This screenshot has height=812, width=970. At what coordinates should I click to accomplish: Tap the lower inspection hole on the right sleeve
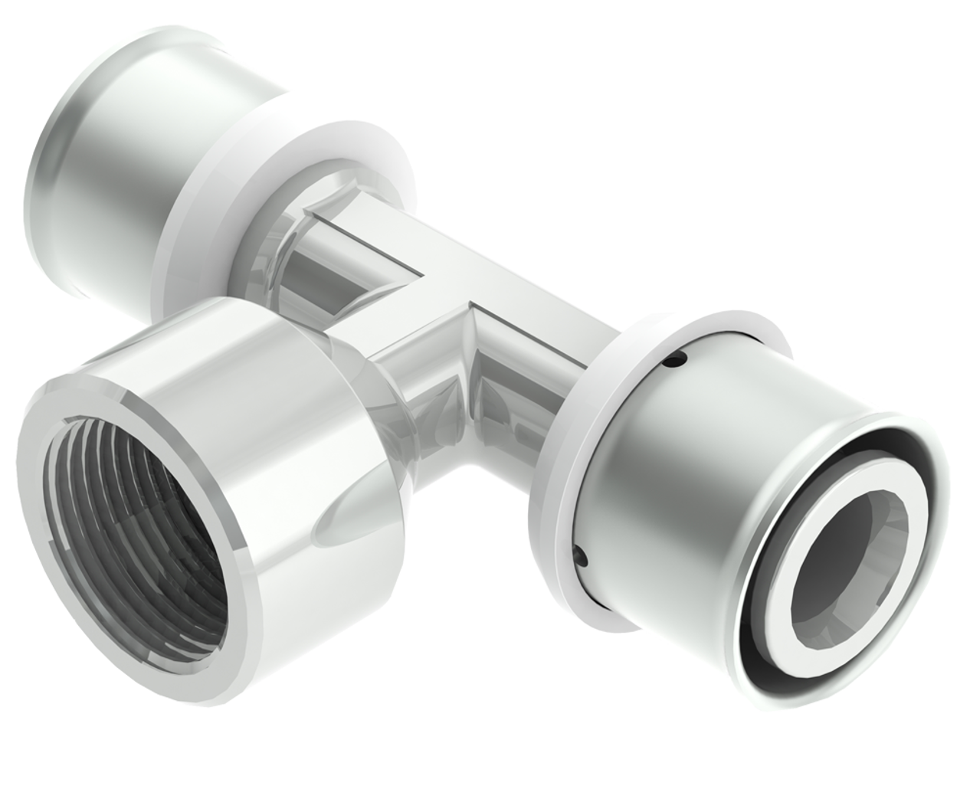581,555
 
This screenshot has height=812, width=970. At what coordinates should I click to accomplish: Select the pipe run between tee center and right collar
536,337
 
